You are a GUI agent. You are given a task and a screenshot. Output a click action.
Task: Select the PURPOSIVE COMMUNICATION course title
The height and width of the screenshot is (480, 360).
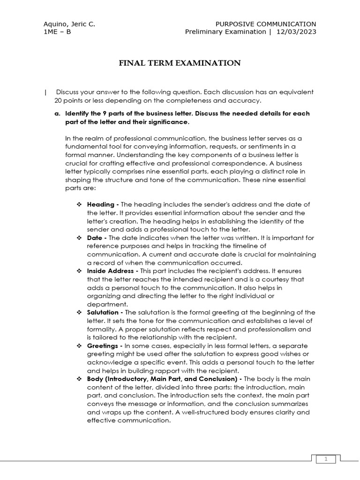(265, 24)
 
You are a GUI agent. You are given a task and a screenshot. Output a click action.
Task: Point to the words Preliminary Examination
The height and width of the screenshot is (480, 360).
(225, 32)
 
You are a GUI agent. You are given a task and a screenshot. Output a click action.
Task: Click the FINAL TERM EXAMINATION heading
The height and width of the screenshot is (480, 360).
(180, 63)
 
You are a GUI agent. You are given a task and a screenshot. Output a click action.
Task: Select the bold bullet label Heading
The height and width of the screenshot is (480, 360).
(101, 204)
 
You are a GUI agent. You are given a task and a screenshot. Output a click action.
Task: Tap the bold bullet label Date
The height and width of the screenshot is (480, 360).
(96, 238)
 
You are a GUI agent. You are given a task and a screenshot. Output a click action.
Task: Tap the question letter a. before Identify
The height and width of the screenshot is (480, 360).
(58, 114)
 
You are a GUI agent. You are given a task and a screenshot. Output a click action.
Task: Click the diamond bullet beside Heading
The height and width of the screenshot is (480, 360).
(79, 205)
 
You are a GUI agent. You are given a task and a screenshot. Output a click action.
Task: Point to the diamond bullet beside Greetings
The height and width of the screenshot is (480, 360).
(79, 346)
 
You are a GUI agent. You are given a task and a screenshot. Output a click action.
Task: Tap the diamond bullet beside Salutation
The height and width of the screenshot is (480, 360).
(79, 313)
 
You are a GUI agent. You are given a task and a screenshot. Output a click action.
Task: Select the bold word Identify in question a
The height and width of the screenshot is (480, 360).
(78, 114)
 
